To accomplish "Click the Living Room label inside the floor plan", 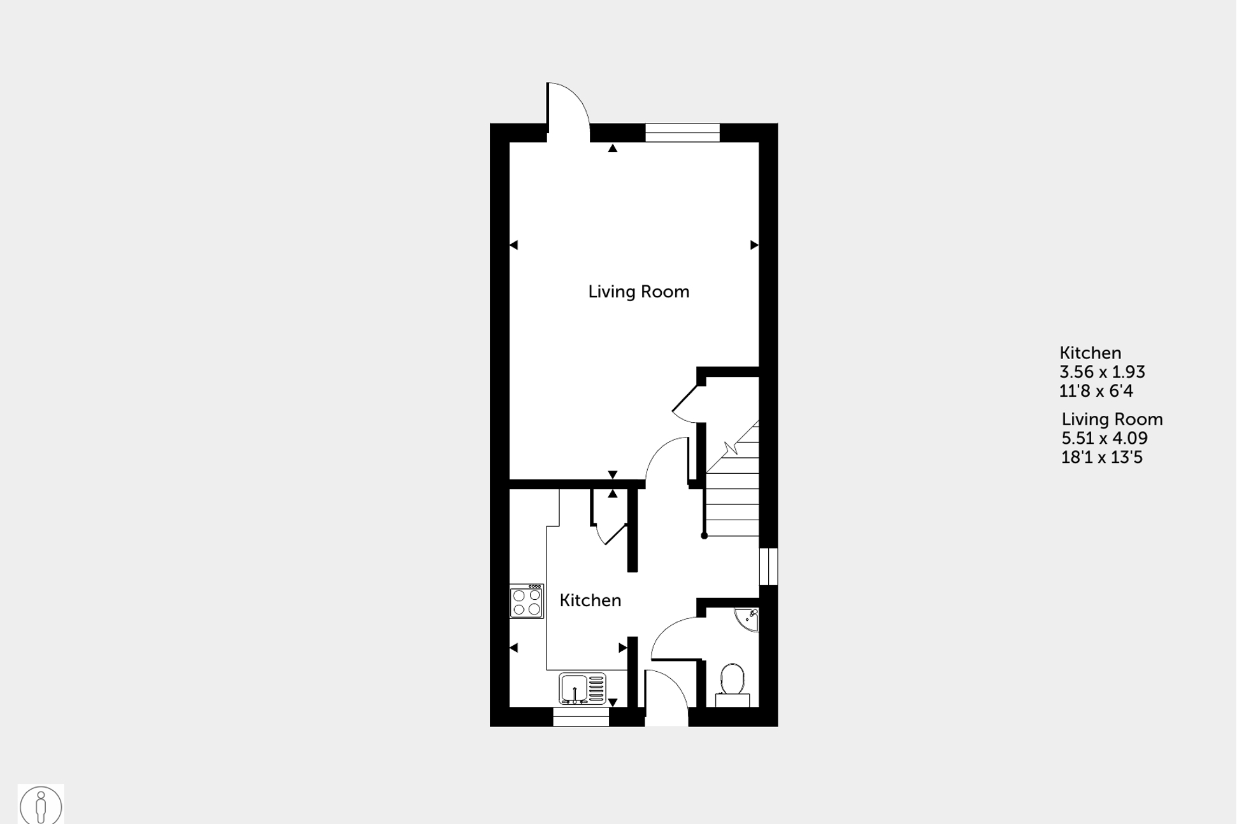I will (638, 292).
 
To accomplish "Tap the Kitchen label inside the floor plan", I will (590, 600).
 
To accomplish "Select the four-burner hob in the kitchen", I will (526, 601).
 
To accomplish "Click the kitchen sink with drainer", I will (582, 688).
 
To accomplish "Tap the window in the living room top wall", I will (682, 132).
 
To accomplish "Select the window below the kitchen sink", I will (580, 716).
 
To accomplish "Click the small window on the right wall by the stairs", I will (769, 566).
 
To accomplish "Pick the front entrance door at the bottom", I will (666, 697).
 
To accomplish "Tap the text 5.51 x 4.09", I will (1105, 438).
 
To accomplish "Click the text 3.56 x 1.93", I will (1102, 372).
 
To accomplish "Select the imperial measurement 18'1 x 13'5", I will (1102, 457).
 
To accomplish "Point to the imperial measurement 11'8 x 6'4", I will (1096, 391).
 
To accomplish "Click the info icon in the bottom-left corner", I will (41, 805).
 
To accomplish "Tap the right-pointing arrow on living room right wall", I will (754, 245).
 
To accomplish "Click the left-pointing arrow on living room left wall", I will (514, 245).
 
